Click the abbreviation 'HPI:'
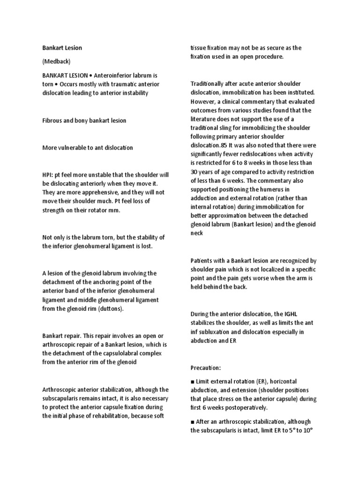[x=49, y=175]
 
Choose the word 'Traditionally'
[x=209, y=83]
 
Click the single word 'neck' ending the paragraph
[x=197, y=233]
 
